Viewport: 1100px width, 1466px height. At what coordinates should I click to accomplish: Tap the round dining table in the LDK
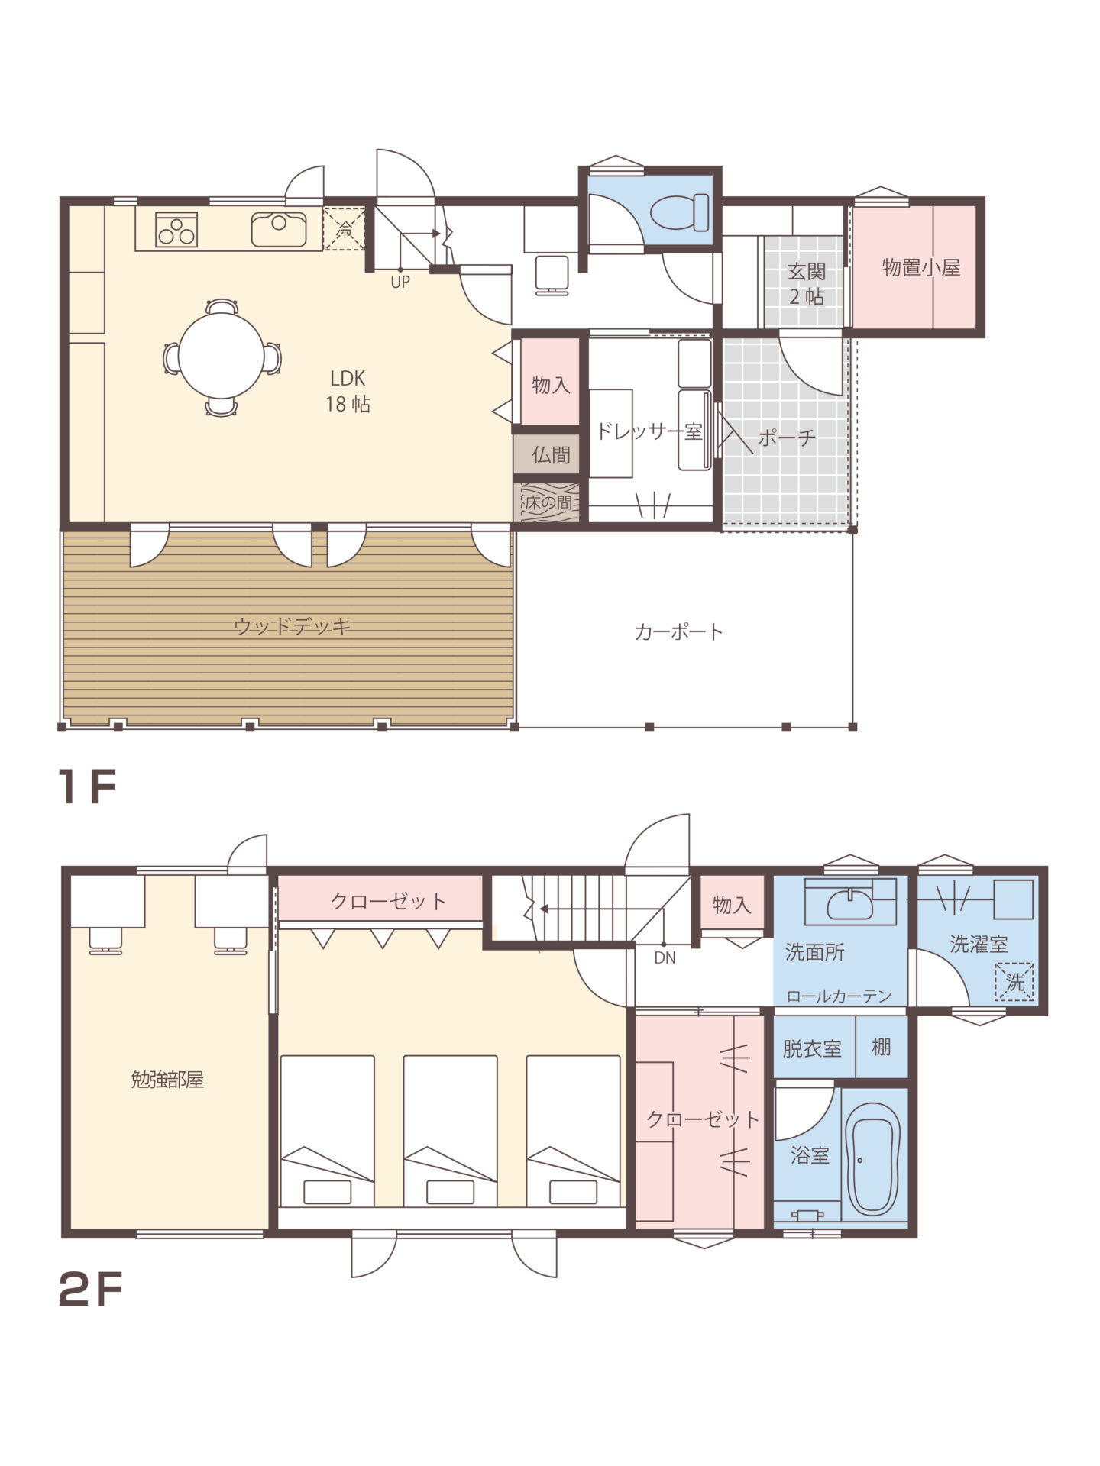tap(222, 357)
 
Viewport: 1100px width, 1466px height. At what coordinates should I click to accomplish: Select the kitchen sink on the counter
tap(279, 229)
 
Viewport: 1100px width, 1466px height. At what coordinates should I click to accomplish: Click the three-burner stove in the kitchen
tap(176, 230)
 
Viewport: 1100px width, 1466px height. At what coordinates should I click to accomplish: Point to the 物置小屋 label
tap(920, 268)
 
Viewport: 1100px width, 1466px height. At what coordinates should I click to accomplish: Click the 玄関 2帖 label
tap(807, 284)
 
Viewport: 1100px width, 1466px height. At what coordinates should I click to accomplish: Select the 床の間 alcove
tap(549, 503)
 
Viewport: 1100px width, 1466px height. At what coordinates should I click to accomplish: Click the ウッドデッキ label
tap(293, 627)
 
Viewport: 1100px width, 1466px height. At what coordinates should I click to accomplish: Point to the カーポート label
tap(678, 632)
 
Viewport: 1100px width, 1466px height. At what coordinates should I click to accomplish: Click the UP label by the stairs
tap(400, 282)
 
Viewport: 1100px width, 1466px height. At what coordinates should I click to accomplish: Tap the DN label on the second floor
tap(665, 957)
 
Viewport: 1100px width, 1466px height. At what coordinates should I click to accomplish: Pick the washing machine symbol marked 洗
tap(1014, 982)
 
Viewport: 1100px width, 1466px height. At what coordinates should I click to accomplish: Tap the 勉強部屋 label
tap(167, 1080)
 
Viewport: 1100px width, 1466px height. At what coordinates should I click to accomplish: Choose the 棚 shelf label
tap(882, 1047)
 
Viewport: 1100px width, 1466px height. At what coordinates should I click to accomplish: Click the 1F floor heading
tap(87, 787)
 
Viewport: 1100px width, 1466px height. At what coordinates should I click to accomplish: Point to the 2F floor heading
tap(90, 1291)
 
